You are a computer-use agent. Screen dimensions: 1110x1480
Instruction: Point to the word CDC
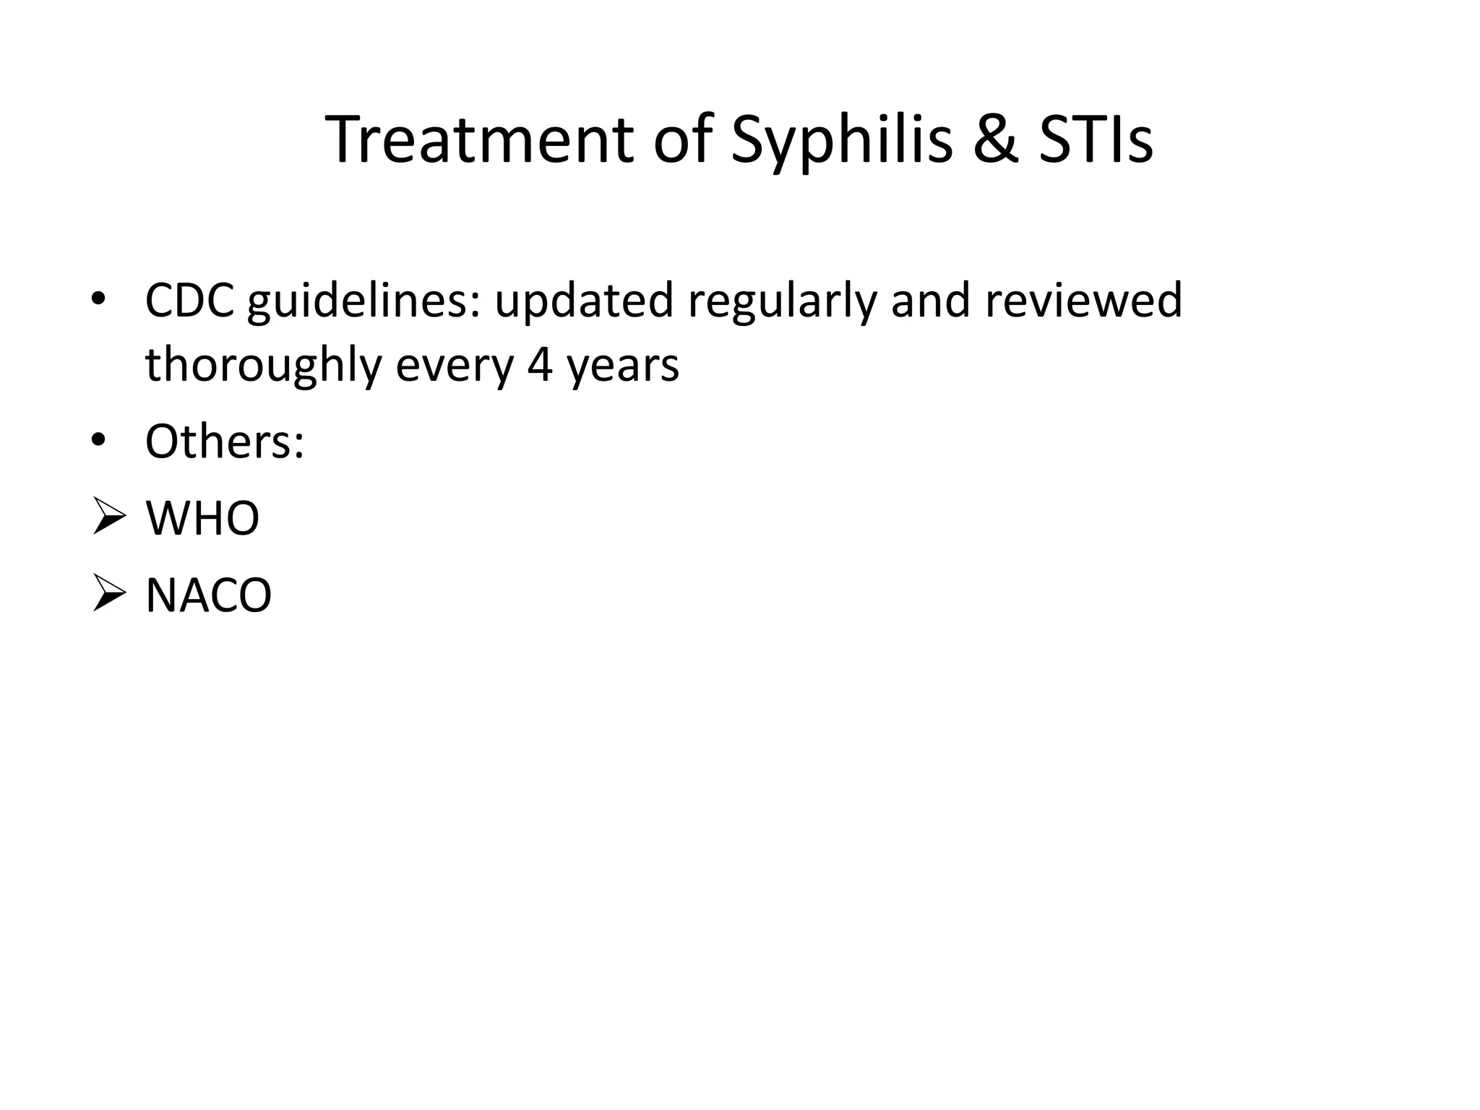189,300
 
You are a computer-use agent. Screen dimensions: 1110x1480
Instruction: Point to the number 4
540,365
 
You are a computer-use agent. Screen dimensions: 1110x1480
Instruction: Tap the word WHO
202,518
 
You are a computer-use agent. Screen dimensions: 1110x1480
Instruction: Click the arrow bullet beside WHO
109,519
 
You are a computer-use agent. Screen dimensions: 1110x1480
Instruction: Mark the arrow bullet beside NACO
109,596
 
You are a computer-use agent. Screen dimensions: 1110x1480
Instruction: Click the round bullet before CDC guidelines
99,301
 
